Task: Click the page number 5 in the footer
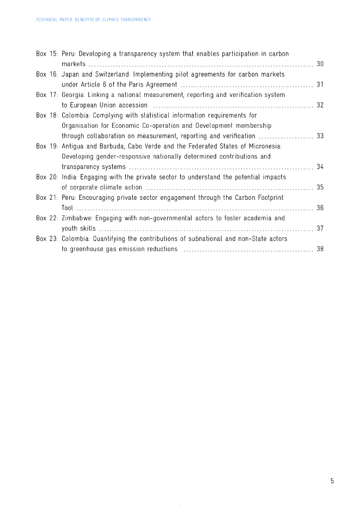[332, 481]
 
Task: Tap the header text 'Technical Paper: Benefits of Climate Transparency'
[93, 20]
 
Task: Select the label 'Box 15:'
[47, 54]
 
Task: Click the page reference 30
[320, 64]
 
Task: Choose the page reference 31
[320, 85]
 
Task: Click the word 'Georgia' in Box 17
[73, 94]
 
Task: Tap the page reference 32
[320, 105]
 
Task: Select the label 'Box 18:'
[47, 115]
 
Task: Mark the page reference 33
[320, 136]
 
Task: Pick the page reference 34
[320, 167]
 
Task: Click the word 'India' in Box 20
[69, 177]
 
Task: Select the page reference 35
[320, 187]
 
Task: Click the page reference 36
[320, 208]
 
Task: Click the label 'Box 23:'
[47, 239]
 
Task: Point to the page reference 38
[320, 249]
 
